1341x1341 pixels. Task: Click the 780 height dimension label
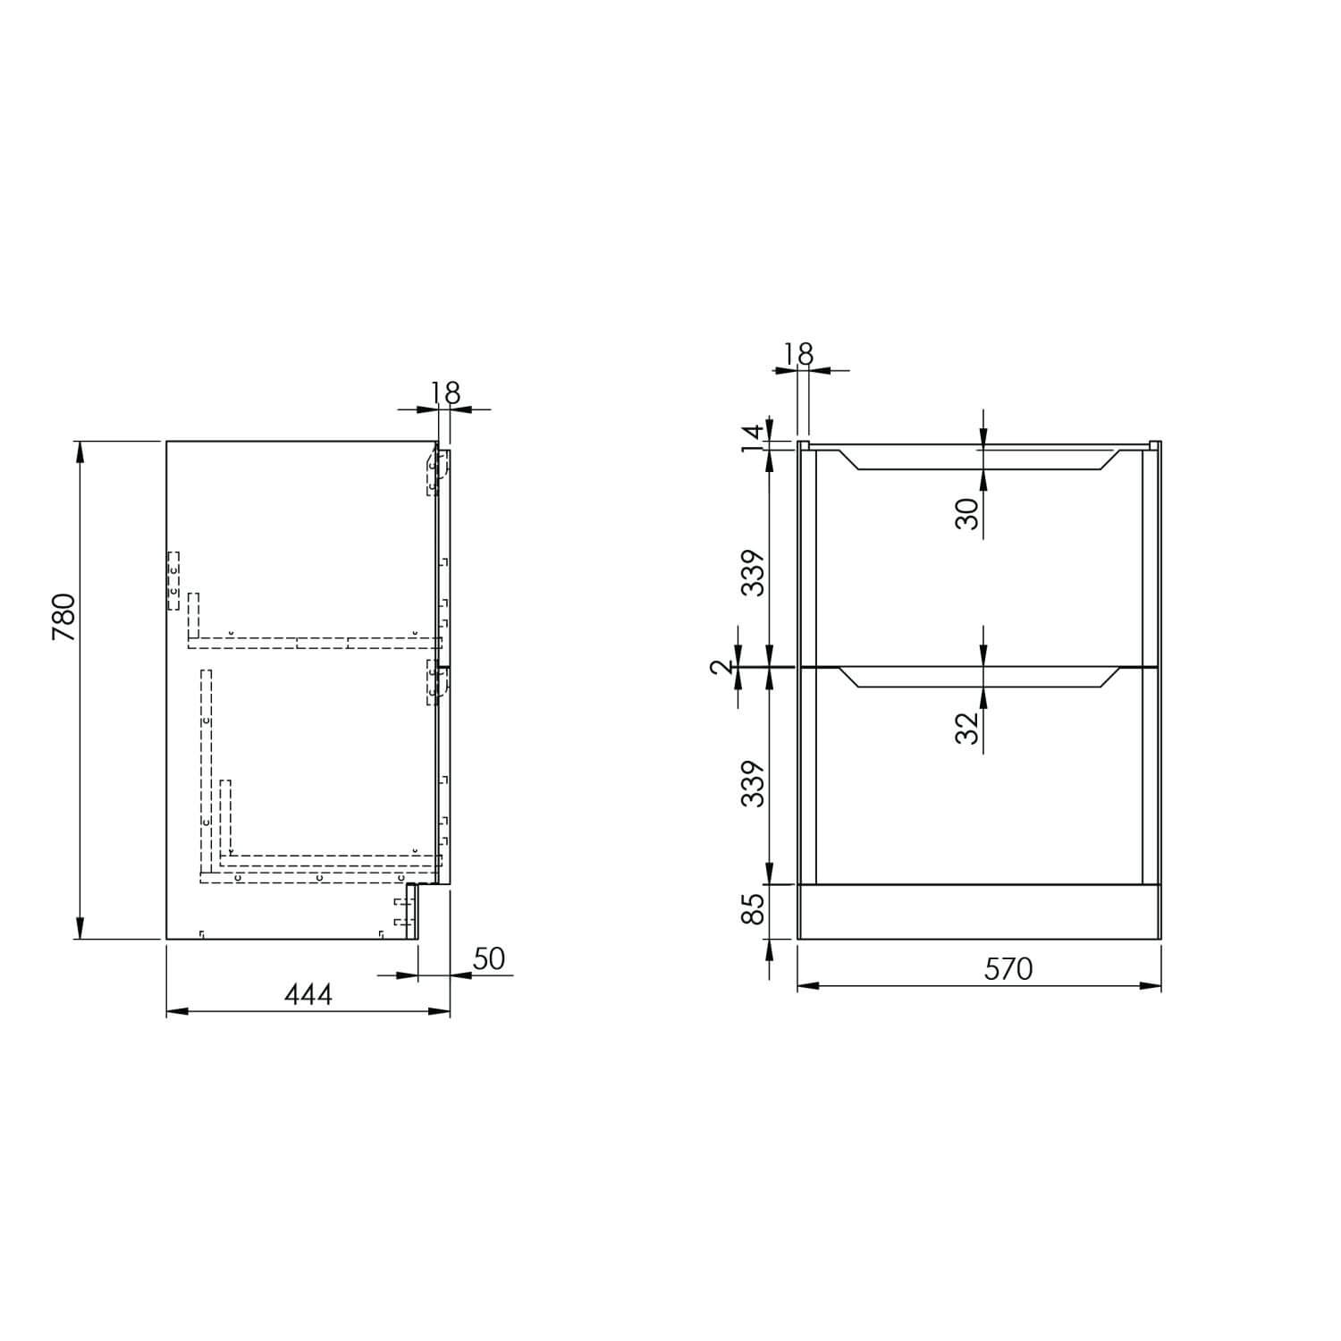64,617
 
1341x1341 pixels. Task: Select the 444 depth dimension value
308,994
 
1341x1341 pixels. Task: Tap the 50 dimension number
489,958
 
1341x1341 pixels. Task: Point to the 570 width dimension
1008,969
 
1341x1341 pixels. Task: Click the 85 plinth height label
755,910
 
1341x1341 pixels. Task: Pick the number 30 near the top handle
967,513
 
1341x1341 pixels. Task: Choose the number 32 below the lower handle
967,729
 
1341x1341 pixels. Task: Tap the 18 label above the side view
444,393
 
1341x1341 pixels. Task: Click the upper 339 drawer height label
755,573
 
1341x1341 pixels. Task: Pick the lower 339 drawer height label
755,783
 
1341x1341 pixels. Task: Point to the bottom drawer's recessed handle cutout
979,678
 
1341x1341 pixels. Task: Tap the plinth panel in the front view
979,912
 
